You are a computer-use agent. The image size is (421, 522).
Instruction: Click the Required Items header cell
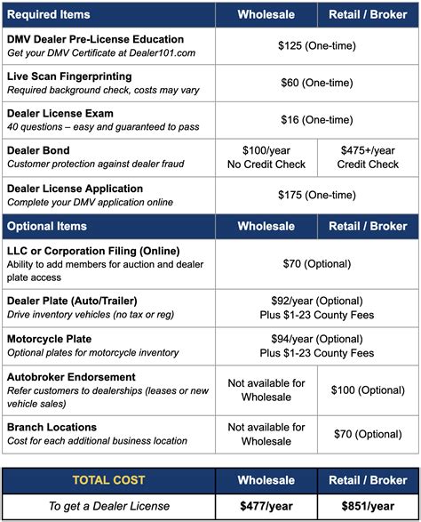pos(51,14)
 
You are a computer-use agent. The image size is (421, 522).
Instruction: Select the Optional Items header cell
pos(47,227)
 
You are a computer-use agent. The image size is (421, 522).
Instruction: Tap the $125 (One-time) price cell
pos(317,46)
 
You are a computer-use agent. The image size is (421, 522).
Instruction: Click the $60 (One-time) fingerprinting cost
pos(317,84)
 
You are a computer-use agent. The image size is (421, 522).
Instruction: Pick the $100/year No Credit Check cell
pos(266,157)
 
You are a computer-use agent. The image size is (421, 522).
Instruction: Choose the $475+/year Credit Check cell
pos(369,157)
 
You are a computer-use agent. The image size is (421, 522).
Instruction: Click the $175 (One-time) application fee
pos(317,195)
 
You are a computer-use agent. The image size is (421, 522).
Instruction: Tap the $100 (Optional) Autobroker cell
pos(369,389)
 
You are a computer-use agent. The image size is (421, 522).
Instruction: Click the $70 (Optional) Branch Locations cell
pos(369,434)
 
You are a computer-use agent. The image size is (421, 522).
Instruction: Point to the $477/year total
pos(266,505)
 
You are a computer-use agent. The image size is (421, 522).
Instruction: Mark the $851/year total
pos(369,505)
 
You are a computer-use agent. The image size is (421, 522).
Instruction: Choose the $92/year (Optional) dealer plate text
pos(317,301)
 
